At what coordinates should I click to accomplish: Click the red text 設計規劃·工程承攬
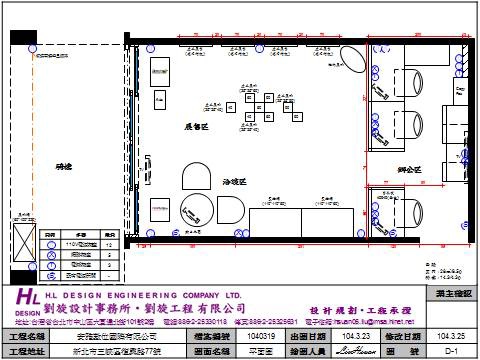point(353,310)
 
